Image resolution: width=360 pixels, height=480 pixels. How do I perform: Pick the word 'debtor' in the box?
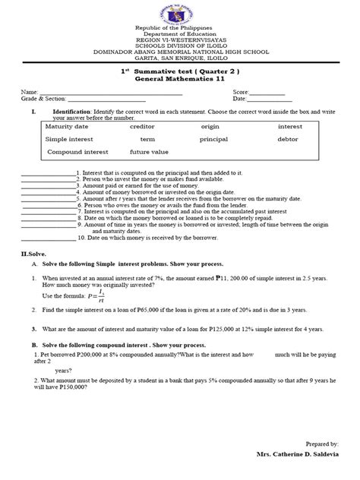tap(288, 140)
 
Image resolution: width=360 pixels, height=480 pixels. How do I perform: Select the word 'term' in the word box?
tap(147, 140)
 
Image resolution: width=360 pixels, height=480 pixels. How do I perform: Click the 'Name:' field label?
tap(29, 91)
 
